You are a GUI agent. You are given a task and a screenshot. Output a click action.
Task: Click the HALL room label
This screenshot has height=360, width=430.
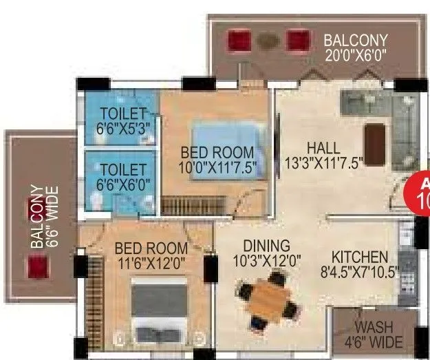(x=323, y=147)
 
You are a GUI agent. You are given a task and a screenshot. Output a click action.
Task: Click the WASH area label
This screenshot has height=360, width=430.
(x=374, y=328)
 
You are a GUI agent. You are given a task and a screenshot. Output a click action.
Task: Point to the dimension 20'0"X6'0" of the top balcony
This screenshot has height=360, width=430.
(x=356, y=54)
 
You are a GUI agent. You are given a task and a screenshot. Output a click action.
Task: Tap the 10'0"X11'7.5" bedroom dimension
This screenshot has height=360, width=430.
(x=217, y=167)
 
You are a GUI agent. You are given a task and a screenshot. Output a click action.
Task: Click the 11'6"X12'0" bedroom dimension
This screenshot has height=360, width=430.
(x=151, y=262)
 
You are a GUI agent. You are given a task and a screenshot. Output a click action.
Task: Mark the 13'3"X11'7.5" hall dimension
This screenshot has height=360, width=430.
(x=323, y=162)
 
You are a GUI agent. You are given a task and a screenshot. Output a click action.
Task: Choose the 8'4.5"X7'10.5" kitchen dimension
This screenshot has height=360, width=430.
(x=361, y=271)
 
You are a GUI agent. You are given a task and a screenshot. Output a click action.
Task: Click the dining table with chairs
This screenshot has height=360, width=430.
(x=270, y=299)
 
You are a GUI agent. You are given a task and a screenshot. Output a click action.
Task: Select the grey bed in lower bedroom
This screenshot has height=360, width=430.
(x=159, y=306)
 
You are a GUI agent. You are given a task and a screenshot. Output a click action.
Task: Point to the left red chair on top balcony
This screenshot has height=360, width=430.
(x=239, y=39)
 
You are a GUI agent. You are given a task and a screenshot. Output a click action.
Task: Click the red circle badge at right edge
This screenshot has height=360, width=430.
(x=420, y=193)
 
